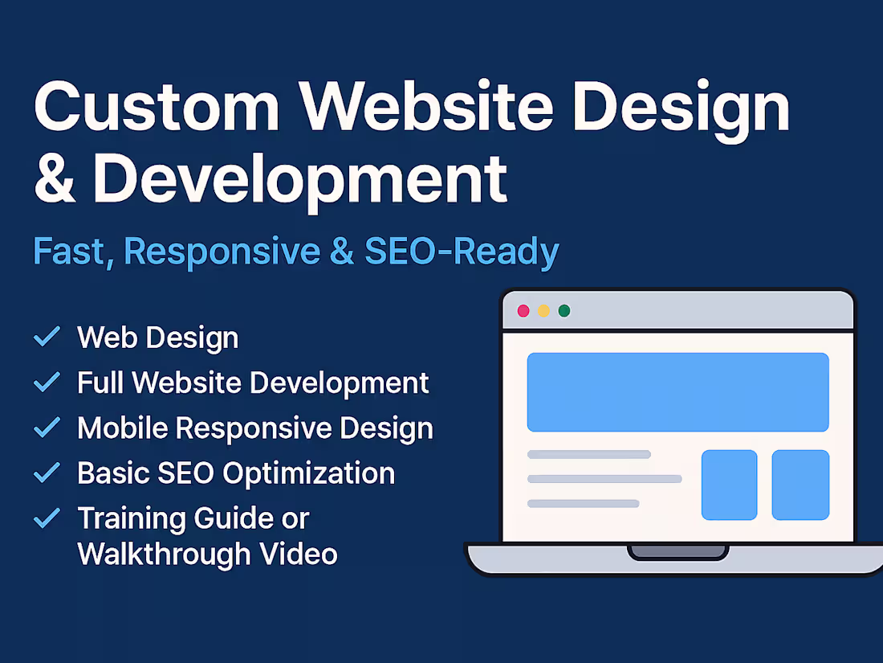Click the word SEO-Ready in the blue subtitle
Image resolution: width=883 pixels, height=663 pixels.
(x=462, y=252)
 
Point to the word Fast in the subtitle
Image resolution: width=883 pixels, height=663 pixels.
(x=70, y=252)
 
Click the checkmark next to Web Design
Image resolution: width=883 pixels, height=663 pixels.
(x=47, y=337)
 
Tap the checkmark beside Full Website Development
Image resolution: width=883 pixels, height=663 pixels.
(x=47, y=382)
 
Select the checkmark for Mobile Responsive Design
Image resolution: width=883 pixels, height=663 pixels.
(x=47, y=428)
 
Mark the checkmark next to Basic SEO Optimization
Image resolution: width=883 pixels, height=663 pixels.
(x=47, y=473)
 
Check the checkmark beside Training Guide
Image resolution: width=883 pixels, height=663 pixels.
(x=47, y=518)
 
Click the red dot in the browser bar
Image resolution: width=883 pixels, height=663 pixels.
(x=523, y=310)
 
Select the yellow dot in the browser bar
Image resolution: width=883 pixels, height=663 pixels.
(x=543, y=310)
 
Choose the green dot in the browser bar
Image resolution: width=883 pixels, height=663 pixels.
(x=564, y=310)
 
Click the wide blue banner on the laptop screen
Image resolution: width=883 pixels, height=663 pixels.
(x=678, y=392)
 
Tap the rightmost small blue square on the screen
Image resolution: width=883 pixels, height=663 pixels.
(x=800, y=485)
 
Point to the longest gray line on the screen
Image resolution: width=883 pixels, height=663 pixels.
(x=604, y=479)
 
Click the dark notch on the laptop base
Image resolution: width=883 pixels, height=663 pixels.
(x=678, y=552)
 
